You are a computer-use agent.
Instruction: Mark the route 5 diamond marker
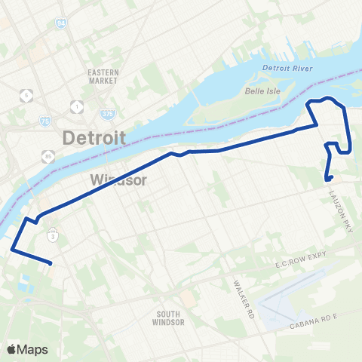coord(28,96)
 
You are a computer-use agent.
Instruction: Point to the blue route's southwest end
coord(50,264)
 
